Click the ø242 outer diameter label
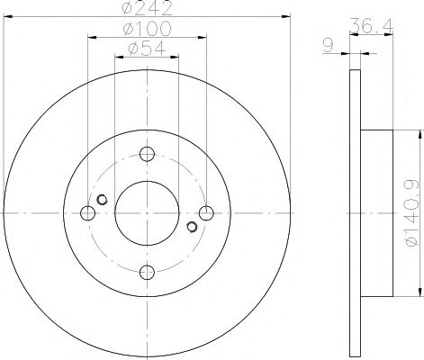point(148,8)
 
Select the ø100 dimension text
point(148,29)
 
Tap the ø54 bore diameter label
point(148,48)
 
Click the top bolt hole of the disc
point(148,153)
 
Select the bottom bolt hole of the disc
point(148,273)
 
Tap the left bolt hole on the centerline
point(88,213)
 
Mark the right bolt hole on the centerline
point(207,213)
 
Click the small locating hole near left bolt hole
point(103,200)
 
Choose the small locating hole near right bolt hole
point(193,226)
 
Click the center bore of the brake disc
point(148,213)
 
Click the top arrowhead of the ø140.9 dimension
point(419,133)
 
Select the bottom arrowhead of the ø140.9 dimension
point(419,293)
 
